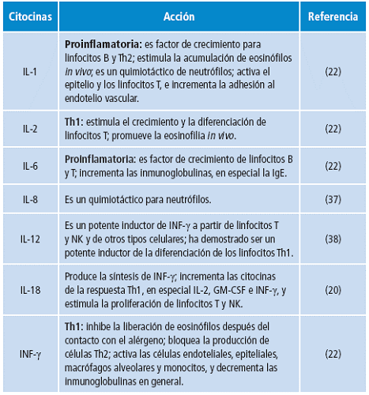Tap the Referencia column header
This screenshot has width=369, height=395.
333,15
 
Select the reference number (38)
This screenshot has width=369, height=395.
333,237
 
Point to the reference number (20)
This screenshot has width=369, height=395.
333,290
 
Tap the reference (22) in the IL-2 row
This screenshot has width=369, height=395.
333,128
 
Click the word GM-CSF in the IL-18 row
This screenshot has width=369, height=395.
214,290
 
